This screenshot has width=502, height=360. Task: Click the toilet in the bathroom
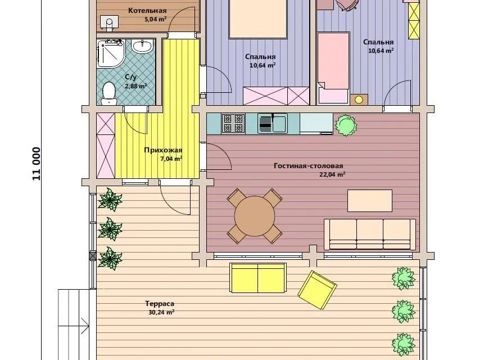[108, 93]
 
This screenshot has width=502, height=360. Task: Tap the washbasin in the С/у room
[142, 47]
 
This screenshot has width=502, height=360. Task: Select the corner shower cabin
[110, 53]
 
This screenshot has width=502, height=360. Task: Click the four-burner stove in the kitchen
[233, 124]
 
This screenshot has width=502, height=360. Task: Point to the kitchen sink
[273, 124]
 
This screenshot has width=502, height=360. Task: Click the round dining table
[255, 216]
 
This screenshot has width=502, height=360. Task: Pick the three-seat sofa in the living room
[370, 235]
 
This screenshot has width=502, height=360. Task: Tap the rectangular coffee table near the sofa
[370, 200]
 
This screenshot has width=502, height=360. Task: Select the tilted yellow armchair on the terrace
[317, 290]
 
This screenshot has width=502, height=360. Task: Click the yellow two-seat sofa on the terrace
[258, 278]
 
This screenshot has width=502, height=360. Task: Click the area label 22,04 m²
[332, 174]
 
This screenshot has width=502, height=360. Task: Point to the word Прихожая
[163, 150]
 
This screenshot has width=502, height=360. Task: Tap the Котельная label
[147, 11]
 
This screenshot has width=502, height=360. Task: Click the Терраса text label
[160, 304]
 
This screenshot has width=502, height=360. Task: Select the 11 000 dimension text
[37, 164]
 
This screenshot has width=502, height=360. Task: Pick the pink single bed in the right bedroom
[333, 68]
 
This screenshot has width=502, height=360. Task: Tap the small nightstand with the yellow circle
[359, 100]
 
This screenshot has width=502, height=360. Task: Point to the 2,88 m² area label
[135, 86]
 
